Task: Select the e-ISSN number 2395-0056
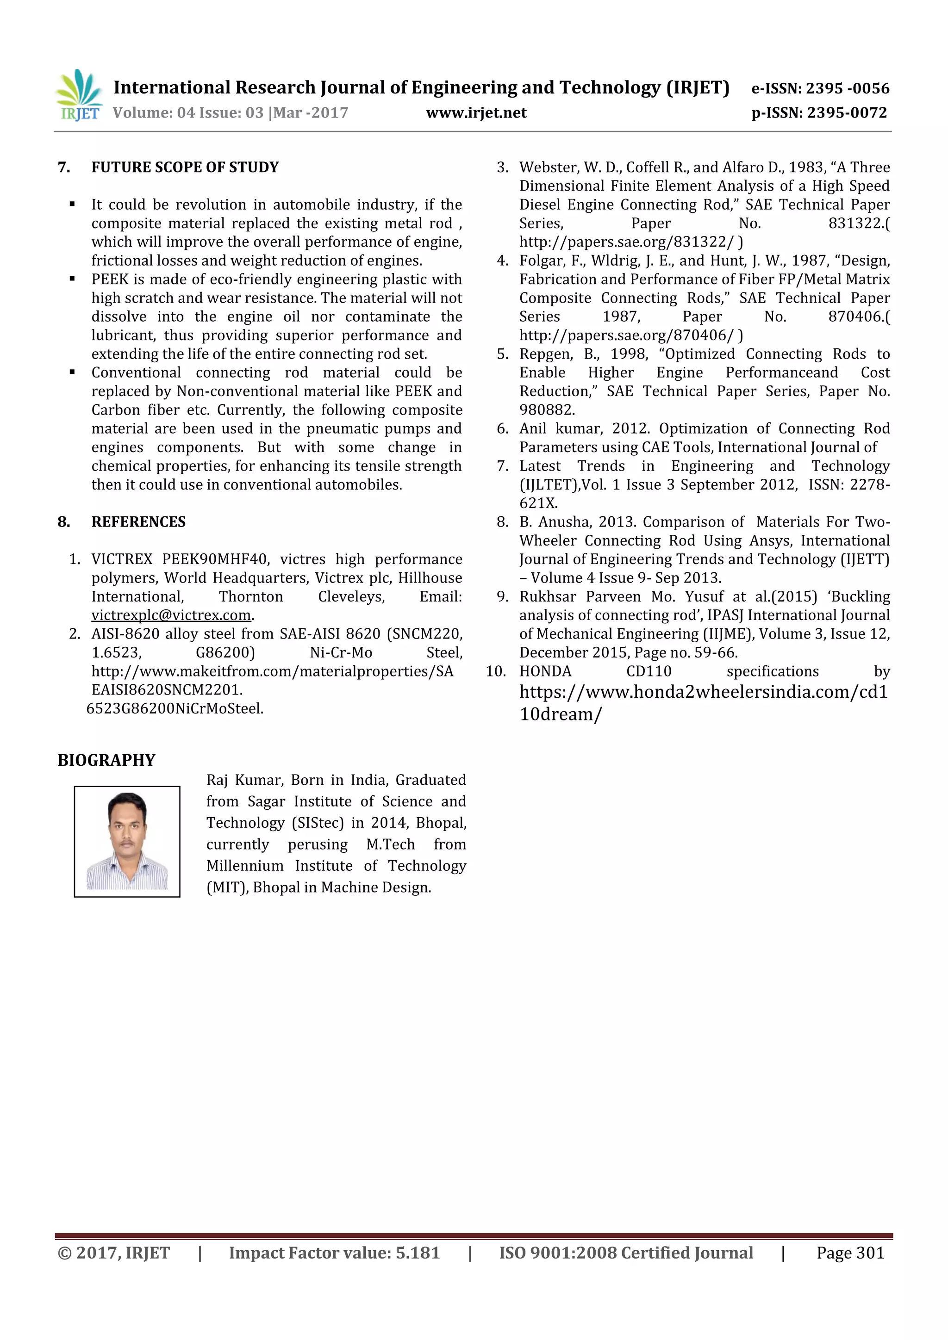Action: [x=848, y=89]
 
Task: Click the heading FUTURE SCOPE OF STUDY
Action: [x=185, y=167]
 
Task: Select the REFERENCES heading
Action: [x=138, y=522]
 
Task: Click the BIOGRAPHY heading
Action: [x=106, y=760]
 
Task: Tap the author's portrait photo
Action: [x=127, y=841]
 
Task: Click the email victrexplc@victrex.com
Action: [x=171, y=615]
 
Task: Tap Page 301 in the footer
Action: [x=850, y=1253]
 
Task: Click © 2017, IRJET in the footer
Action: [x=114, y=1253]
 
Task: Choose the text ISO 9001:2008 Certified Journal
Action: [x=626, y=1253]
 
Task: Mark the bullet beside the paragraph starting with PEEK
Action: [x=72, y=279]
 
